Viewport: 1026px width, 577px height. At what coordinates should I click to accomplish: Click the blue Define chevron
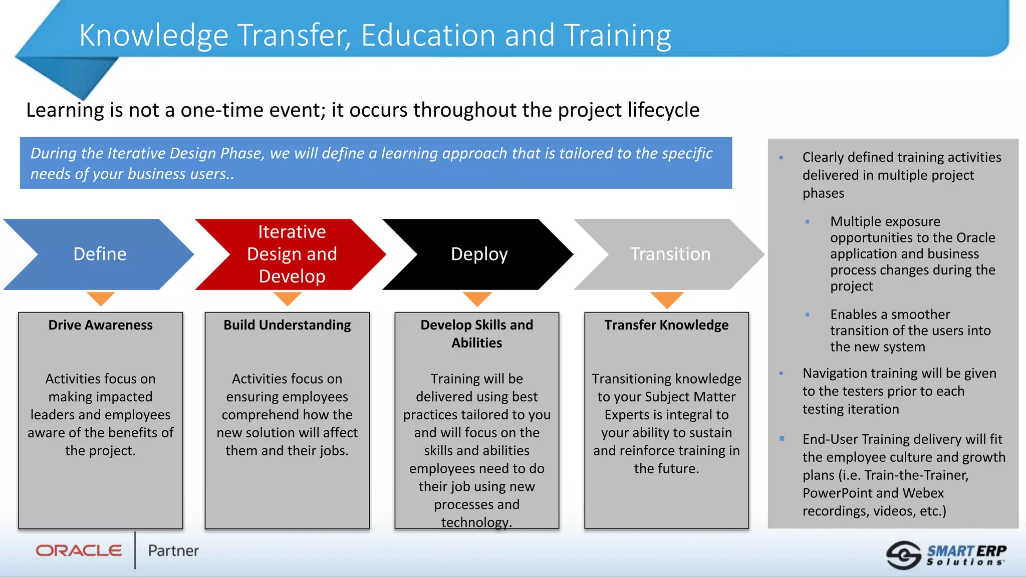pyautogui.click(x=100, y=254)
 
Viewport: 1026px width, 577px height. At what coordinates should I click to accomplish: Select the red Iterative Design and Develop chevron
pyautogui.click(x=292, y=254)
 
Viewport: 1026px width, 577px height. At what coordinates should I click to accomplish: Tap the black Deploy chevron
pyautogui.click(x=479, y=254)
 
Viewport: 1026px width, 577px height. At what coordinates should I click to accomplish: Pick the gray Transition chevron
pyautogui.click(x=670, y=254)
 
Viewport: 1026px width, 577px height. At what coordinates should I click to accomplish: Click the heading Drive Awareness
pyautogui.click(x=100, y=325)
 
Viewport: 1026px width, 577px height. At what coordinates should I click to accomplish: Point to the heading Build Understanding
pyautogui.click(x=287, y=325)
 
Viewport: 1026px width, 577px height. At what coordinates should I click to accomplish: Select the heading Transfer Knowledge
pyautogui.click(x=666, y=325)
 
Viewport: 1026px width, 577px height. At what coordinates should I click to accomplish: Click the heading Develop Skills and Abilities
pyautogui.click(x=476, y=334)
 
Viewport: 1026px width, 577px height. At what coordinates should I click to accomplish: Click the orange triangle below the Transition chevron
pyautogui.click(x=667, y=300)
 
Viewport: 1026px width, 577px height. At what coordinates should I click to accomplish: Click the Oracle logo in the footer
pyautogui.click(x=79, y=551)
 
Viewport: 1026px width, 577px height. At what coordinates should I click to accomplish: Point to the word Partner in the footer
pyautogui.click(x=173, y=551)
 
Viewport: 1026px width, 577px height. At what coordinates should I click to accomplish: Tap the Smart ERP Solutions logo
pyautogui.click(x=947, y=555)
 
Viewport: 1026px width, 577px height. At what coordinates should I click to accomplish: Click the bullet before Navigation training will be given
pyautogui.click(x=781, y=373)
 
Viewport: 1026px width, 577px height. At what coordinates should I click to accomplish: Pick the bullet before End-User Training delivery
pyautogui.click(x=782, y=439)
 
